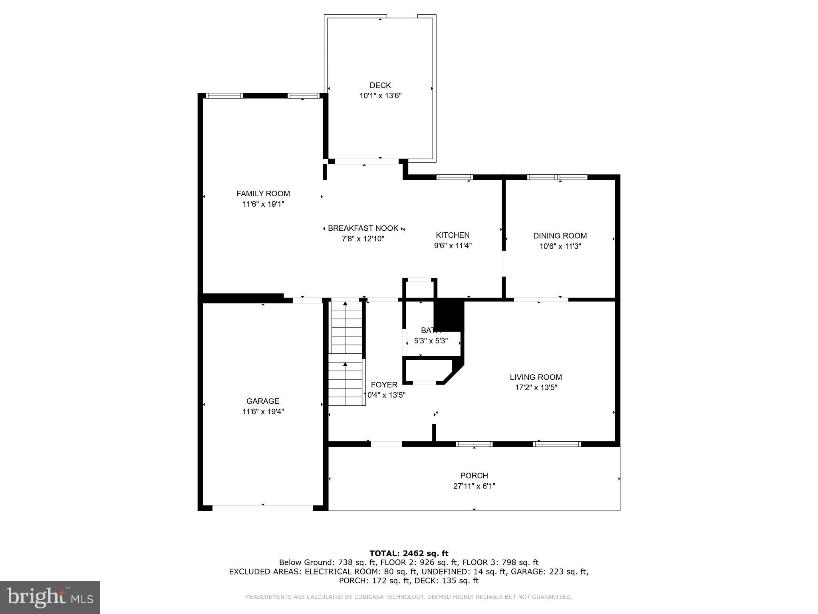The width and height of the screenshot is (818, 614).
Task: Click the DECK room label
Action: click(x=380, y=85)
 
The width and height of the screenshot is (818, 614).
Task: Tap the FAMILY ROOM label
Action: click(x=263, y=193)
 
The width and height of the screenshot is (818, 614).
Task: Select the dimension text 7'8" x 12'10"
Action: click(x=363, y=239)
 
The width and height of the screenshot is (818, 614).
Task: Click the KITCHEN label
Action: click(x=453, y=235)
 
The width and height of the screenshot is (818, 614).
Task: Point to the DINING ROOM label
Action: click(x=560, y=236)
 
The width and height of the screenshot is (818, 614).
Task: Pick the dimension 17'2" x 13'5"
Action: click(x=536, y=387)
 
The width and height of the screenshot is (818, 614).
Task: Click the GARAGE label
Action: click(x=262, y=401)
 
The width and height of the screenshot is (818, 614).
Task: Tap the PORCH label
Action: click(x=474, y=476)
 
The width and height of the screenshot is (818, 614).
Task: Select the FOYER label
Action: click(x=384, y=385)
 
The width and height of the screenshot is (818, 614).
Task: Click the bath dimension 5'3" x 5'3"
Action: click(x=431, y=341)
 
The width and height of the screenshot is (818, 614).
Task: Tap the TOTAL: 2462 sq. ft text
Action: click(x=409, y=553)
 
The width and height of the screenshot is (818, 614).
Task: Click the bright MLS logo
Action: click(x=50, y=597)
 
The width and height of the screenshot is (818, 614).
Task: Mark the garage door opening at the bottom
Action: click(x=262, y=508)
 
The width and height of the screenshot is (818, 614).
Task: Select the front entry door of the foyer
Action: click(x=386, y=444)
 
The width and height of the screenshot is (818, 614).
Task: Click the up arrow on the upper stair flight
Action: click(x=345, y=304)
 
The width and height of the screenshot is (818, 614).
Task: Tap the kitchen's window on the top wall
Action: click(x=455, y=177)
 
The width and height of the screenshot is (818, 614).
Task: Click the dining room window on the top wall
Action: click(x=557, y=177)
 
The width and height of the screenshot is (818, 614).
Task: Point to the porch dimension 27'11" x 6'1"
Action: click(x=474, y=486)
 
